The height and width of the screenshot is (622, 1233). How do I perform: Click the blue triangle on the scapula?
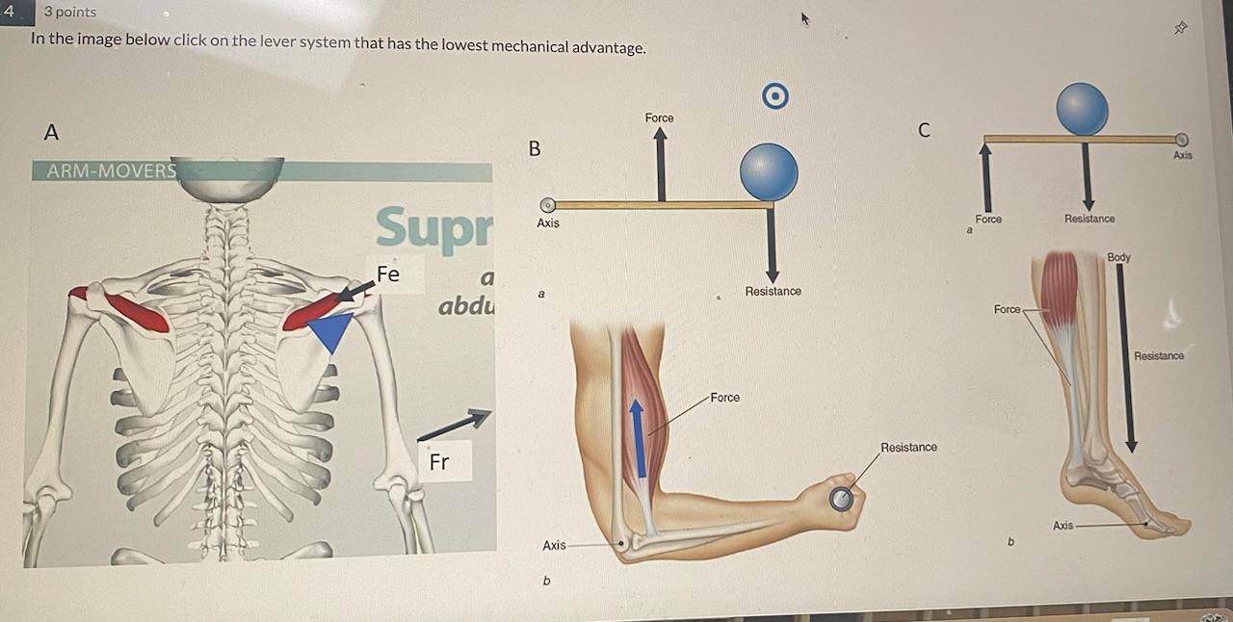click(330, 333)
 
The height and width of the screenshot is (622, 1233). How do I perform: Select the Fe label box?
click(387, 274)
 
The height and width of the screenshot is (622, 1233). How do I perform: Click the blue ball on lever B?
click(769, 172)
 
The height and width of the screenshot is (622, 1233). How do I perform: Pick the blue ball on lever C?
click(1082, 108)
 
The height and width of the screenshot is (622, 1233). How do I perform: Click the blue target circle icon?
click(775, 95)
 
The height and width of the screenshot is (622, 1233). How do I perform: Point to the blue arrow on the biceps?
click(638, 437)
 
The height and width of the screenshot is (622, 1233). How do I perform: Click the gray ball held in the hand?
click(841, 498)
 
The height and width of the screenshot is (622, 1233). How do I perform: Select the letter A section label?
click(51, 132)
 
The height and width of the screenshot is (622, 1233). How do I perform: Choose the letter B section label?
click(535, 149)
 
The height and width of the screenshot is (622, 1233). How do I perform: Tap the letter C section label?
click(924, 130)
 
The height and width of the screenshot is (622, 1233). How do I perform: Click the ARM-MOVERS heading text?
click(104, 171)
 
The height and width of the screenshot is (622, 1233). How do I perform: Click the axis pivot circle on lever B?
click(547, 205)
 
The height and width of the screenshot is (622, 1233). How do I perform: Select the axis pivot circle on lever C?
click(1182, 140)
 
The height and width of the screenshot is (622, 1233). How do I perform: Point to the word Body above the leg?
click(1118, 257)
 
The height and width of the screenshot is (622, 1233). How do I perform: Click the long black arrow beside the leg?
click(1132, 356)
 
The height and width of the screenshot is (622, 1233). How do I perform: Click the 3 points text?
click(69, 12)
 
